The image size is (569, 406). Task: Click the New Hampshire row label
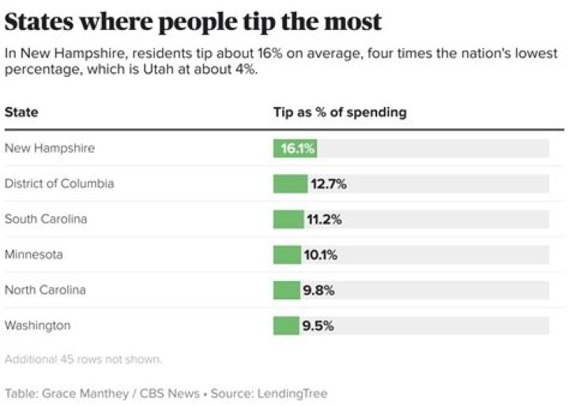point(50,148)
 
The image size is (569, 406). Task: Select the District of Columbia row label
point(59,184)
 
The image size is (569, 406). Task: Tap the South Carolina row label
point(46,219)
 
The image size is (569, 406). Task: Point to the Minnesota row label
point(34,255)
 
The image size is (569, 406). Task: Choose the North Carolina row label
point(45,290)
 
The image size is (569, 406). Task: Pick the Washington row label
point(37,325)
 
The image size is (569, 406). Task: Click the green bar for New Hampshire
point(295,148)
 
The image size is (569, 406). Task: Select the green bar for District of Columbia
point(290,184)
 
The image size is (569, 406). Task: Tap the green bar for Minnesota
point(287,255)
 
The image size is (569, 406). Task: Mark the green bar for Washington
point(286,325)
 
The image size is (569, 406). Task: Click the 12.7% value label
point(328,184)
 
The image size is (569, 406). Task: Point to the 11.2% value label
point(324,219)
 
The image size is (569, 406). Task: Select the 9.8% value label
point(318,290)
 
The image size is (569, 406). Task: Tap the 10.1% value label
point(321,255)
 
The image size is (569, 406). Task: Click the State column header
point(21,112)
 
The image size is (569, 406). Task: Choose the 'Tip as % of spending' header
point(340,112)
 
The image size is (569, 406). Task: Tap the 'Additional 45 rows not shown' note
point(83,359)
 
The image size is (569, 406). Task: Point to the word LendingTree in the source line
point(292,393)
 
